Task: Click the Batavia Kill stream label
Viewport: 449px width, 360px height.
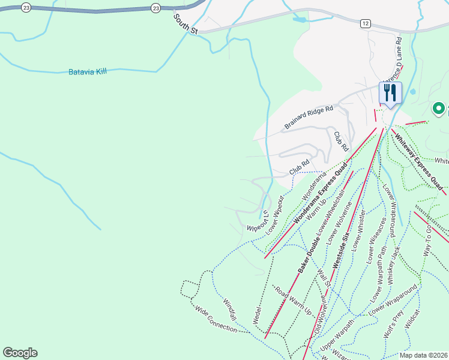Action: click(x=87, y=72)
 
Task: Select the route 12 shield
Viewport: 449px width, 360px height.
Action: click(x=365, y=23)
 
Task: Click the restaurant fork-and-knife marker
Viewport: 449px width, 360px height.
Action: click(x=390, y=93)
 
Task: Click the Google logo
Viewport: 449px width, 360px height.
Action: click(x=20, y=353)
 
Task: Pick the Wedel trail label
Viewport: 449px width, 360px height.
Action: click(x=258, y=316)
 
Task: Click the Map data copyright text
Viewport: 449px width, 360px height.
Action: click(x=424, y=355)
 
